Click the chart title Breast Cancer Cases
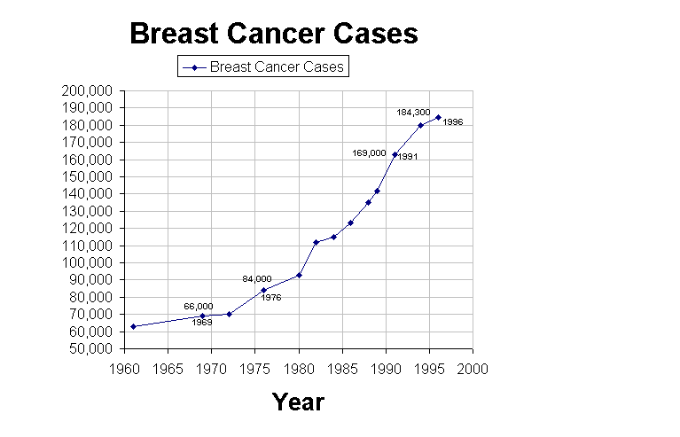[x=273, y=34]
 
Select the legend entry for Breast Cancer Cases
[x=262, y=66]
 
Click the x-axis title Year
[x=298, y=402]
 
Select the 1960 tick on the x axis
[x=125, y=365]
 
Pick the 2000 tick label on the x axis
[x=473, y=365]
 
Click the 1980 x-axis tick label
[x=299, y=365]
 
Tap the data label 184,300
[x=413, y=113]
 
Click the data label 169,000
[x=370, y=152]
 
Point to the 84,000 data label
[x=257, y=278]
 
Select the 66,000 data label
[x=199, y=306]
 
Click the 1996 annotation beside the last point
[x=452, y=122]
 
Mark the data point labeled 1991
[x=395, y=154]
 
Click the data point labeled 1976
[x=263, y=290]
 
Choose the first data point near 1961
[x=133, y=326]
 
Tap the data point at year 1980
[x=299, y=275]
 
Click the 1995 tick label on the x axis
[x=429, y=365]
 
